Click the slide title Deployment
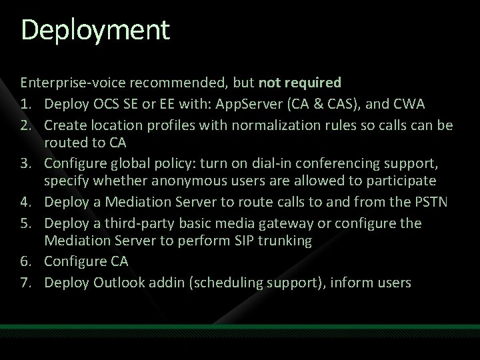pos(95,31)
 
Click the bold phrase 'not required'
pos(300,83)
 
